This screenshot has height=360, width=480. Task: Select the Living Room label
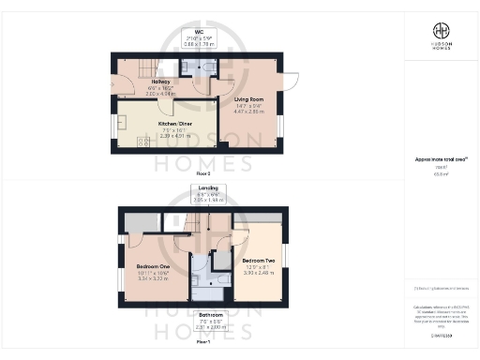pyautogui.click(x=249, y=98)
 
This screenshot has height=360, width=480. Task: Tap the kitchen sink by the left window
pyautogui.click(x=119, y=126)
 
